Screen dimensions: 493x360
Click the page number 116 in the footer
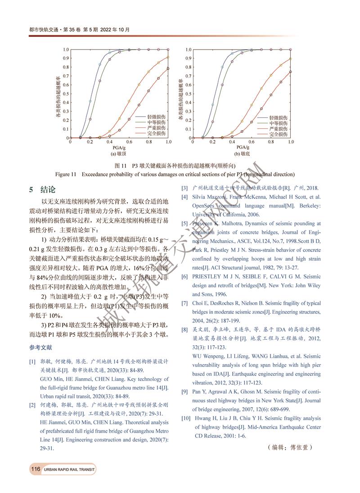point(36,469)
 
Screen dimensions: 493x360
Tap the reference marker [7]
point(184,303)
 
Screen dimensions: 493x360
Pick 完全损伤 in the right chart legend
point(279,134)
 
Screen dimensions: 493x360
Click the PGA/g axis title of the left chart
point(119,147)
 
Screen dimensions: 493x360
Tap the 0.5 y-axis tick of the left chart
point(66,94)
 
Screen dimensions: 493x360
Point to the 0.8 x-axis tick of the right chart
point(271,142)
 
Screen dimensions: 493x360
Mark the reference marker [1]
point(32,362)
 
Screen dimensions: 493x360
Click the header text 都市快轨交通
point(41,30)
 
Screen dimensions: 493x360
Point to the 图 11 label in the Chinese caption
point(121,165)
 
